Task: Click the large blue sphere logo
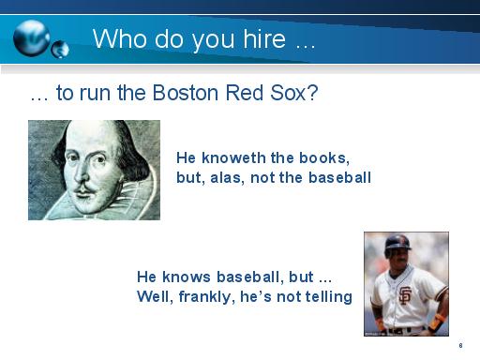point(33,37)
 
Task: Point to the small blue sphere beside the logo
point(60,46)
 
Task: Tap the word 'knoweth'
point(232,157)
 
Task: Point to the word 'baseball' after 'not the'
point(341,176)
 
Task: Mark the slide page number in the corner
point(460,346)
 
